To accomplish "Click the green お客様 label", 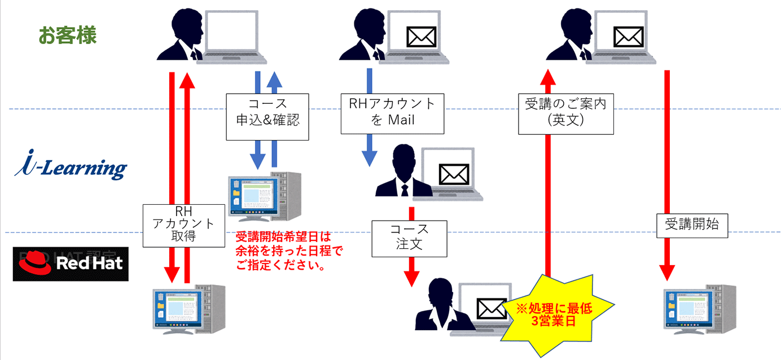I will (67, 36).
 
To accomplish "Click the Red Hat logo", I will (71, 264).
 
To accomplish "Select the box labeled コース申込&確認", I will (267, 117).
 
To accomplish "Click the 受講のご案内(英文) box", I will (565, 113).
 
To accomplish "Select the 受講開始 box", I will (692, 225).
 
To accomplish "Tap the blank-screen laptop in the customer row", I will (233, 34).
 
